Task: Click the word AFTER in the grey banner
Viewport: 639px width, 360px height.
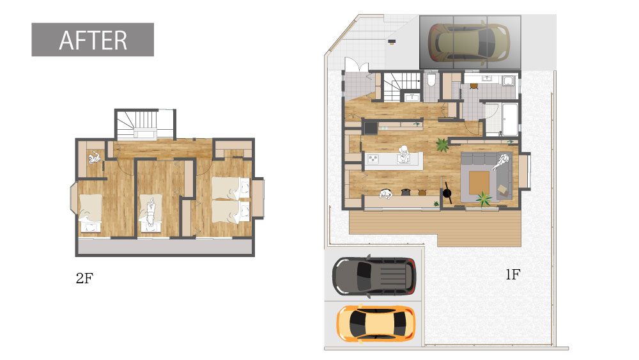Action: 93,40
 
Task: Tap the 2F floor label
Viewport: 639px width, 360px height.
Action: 84,278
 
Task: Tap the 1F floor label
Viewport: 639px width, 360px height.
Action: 512,275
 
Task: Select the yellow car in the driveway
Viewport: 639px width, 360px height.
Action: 376,324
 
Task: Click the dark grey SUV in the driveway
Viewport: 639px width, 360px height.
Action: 374,276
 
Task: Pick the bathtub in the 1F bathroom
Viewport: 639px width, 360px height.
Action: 510,120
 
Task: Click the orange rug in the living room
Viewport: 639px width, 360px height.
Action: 479,183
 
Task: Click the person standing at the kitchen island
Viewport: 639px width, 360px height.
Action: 404,155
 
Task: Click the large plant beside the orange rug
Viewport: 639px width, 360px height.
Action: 484,199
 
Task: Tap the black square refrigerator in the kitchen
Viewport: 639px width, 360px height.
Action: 371,129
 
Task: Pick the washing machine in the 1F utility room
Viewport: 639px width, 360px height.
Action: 508,81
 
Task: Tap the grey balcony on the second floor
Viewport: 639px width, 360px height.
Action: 165,246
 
